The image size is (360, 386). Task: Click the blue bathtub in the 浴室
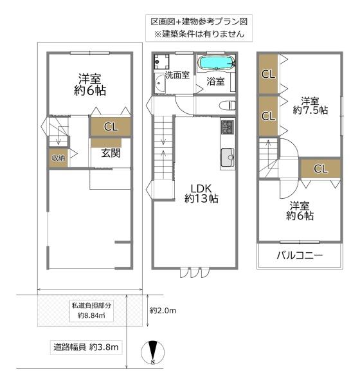tap(217, 64)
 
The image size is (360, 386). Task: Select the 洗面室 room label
tap(177, 75)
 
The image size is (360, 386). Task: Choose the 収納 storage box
tap(57, 158)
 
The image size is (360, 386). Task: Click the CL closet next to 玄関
tap(111, 127)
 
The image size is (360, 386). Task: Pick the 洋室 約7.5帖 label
tap(310, 106)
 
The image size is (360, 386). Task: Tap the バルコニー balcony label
tap(300, 255)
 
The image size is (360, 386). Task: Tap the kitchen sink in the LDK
tap(228, 157)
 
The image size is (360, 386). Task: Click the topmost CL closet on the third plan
tap(268, 73)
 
